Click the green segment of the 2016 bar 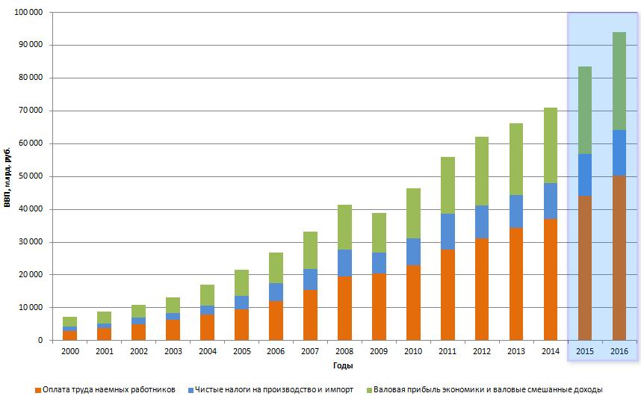tap(619, 81)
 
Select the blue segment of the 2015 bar tap(584, 175)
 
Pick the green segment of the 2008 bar tap(344, 227)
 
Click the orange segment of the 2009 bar tap(379, 306)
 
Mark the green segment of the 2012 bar tap(482, 171)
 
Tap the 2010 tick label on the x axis tap(413, 350)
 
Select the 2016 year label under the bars tap(619, 350)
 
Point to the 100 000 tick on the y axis tap(27, 13)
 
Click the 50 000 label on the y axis tap(29, 176)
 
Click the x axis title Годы tap(344, 366)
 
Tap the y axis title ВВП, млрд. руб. tap(7, 176)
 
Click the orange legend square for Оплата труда tap(37, 390)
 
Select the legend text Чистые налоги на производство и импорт tap(273, 389)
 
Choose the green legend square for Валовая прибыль tap(368, 390)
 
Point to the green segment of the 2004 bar tap(207, 295)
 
